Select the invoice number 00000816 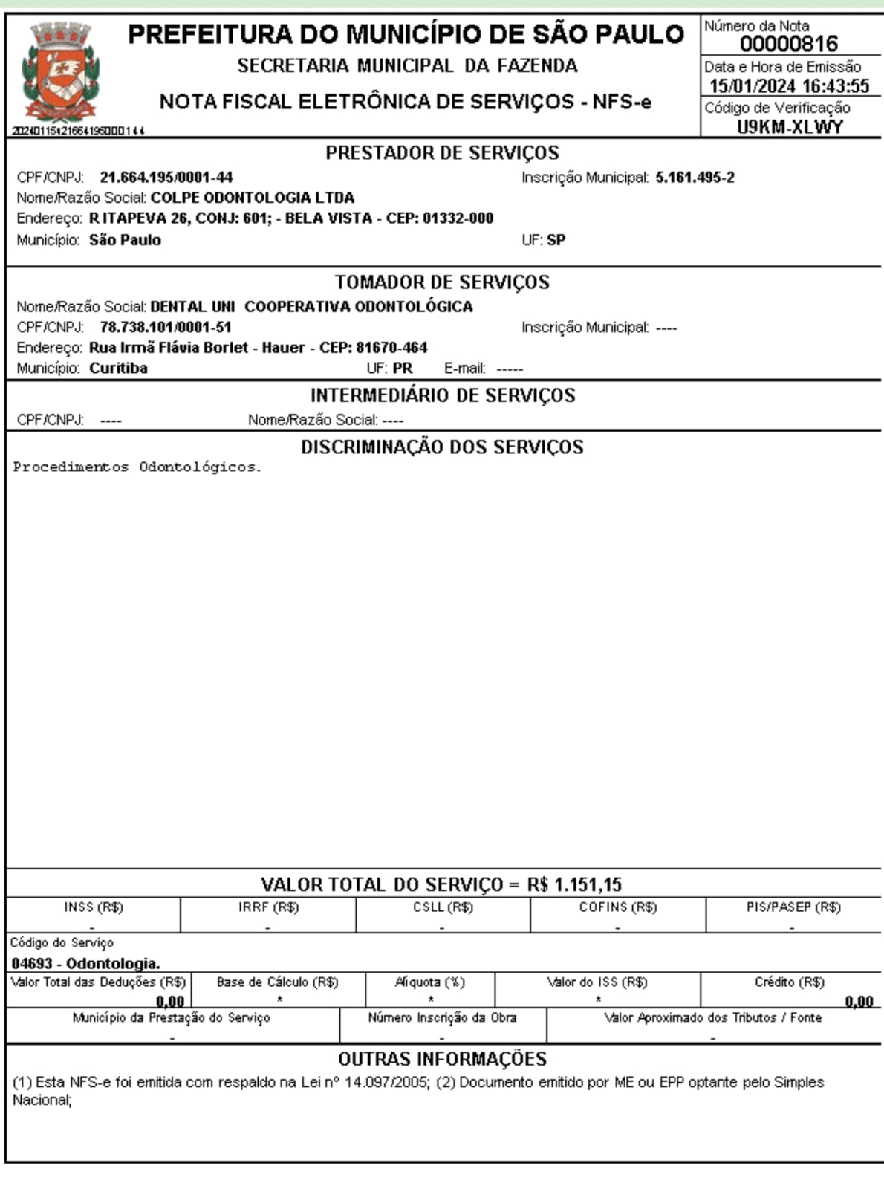[x=788, y=44]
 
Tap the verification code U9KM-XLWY [x=790, y=127]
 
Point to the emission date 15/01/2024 [x=752, y=86]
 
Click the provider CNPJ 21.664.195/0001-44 [x=166, y=178]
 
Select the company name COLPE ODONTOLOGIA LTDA [x=253, y=198]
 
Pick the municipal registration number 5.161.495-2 [x=695, y=178]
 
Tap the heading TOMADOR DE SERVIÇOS [x=442, y=282]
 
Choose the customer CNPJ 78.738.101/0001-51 [x=166, y=327]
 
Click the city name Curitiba [x=118, y=369]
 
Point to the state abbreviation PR [x=402, y=369]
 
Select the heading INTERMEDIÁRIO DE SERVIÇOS [x=442, y=395]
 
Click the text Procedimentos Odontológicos [x=137, y=467]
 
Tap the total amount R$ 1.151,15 [x=574, y=885]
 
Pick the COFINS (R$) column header [x=617, y=907]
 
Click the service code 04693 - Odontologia [x=85, y=964]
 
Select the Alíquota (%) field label [x=430, y=982]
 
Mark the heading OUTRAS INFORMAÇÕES [x=442, y=1059]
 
